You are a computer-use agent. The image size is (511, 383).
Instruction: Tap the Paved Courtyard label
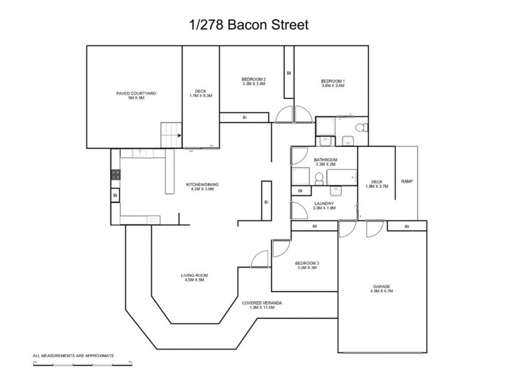pyautogui.click(x=136, y=96)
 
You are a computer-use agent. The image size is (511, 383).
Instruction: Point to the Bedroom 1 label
pyautogui.click(x=333, y=83)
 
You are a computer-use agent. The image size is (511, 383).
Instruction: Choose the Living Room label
pyautogui.click(x=194, y=278)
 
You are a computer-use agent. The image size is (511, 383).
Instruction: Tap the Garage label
pyautogui.click(x=382, y=289)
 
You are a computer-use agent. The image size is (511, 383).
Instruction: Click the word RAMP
pyautogui.click(x=406, y=182)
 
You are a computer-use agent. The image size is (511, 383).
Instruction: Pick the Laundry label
pyautogui.click(x=323, y=206)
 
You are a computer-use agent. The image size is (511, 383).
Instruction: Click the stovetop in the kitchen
pyautogui.click(x=116, y=176)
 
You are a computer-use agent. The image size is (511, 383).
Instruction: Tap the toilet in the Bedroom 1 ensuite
pyautogui.click(x=360, y=128)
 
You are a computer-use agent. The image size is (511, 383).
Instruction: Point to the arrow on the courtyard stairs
pyautogui.click(x=179, y=135)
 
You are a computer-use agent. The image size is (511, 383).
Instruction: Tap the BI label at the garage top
pyautogui.click(x=407, y=227)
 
